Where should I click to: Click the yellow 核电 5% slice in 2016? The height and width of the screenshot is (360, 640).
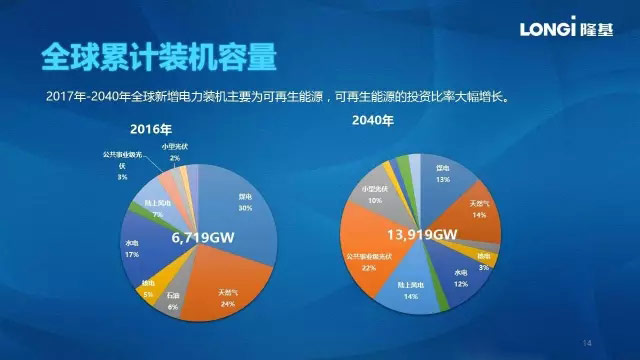point(149,290)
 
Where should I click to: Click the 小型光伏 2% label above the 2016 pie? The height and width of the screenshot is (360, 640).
point(175,152)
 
